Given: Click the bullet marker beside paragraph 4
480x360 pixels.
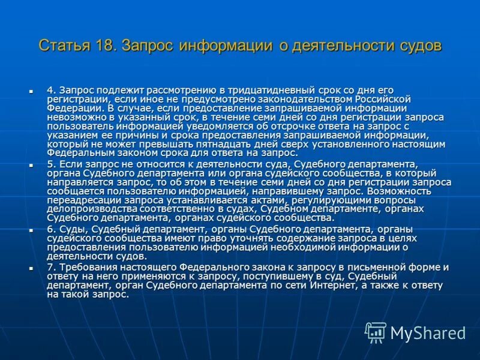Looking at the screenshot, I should tap(30, 91).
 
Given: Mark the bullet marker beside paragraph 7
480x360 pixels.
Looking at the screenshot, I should tap(30, 268).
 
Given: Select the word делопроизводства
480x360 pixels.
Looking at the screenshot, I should tap(87, 209).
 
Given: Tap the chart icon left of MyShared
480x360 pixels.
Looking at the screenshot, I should tap(376, 331).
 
